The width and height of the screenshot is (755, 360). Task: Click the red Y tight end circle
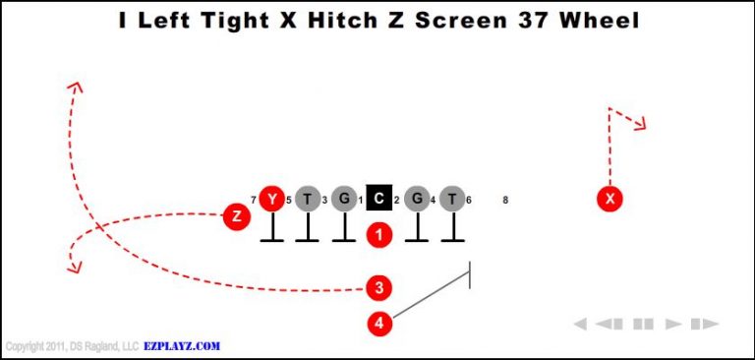[272, 200]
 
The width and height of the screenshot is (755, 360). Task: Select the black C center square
[379, 200]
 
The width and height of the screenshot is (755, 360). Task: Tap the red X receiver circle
[610, 200]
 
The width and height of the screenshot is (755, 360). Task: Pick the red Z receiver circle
[236, 215]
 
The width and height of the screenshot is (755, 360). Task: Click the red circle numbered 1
[379, 234]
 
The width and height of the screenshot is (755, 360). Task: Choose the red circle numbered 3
[379, 287]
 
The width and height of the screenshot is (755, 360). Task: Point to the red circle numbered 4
[379, 322]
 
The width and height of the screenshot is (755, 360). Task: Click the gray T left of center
[308, 200]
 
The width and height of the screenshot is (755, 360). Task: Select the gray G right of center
[417, 200]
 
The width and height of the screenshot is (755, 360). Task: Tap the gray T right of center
[452, 200]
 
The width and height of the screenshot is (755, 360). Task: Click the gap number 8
[505, 200]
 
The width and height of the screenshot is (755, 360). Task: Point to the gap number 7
[254, 200]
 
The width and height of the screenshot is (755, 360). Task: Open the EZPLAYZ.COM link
[182, 346]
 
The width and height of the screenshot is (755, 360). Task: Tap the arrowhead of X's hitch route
[641, 124]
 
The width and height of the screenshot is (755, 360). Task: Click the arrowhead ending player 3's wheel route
[74, 87]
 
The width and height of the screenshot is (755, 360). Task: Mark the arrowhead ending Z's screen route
[72, 264]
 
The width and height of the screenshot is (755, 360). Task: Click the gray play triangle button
[673, 324]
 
